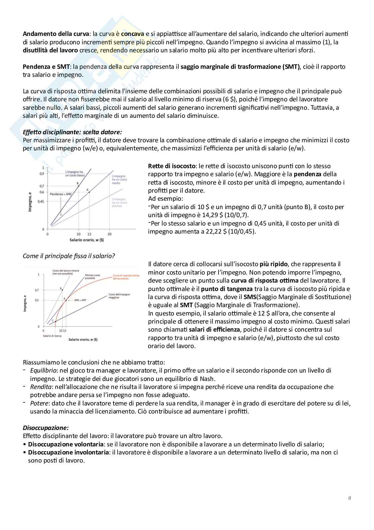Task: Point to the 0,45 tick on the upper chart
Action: pyautogui.click(x=41, y=201)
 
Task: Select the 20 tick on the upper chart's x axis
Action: pyautogui.click(x=110, y=234)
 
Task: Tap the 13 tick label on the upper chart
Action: pyautogui.click(x=89, y=234)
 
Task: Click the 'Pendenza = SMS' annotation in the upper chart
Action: pyautogui.click(x=61, y=194)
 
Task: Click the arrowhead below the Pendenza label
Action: pyautogui.click(x=61, y=214)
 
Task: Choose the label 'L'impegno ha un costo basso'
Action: pyautogui.click(x=74, y=174)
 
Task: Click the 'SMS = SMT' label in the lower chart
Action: pyautogui.click(x=80, y=300)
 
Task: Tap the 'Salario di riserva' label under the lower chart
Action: pyautogui.click(x=52, y=336)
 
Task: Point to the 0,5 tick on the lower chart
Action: pyautogui.click(x=37, y=300)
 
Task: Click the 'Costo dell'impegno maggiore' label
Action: pyautogui.click(x=119, y=296)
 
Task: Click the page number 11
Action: pyautogui.click(x=350, y=498)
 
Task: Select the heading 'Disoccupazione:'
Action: pyautogui.click(x=46, y=428)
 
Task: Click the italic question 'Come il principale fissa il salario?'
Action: pyautogui.click(x=69, y=256)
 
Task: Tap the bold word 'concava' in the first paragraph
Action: pyautogui.click(x=132, y=34)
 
